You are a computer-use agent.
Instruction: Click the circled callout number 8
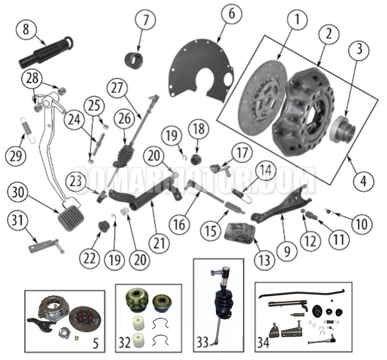click(x=26, y=30)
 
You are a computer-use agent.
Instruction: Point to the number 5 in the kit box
click(x=95, y=342)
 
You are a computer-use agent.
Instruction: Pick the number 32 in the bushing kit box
click(x=124, y=343)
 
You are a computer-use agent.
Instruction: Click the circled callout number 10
click(x=361, y=224)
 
